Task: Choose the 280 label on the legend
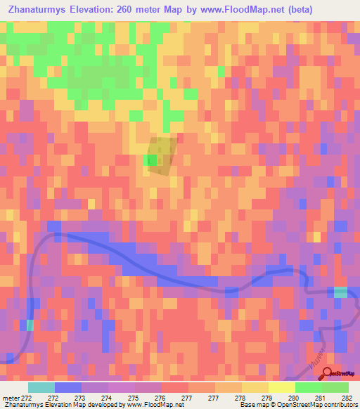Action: (x=295, y=397)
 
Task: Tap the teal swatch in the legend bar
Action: (x=41, y=387)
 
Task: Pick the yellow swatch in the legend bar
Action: (x=281, y=387)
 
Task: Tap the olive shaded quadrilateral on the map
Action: (x=163, y=155)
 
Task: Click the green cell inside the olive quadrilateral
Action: (x=151, y=161)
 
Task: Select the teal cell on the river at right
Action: (x=340, y=292)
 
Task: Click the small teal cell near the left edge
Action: (x=30, y=325)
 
